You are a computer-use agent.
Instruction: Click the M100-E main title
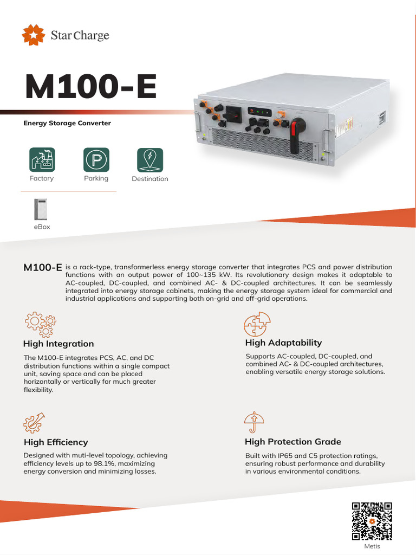[x=91, y=88]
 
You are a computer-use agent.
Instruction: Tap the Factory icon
[x=42, y=159]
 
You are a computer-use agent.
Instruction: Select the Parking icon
[x=96, y=159]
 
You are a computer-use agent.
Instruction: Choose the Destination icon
[x=150, y=159]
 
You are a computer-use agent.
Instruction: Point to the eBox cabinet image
[x=41, y=209]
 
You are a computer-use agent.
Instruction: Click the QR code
[x=372, y=521]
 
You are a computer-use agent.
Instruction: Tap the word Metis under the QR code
[x=372, y=546]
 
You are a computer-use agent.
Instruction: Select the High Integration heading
[x=58, y=344]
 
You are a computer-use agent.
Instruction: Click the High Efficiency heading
[x=55, y=442]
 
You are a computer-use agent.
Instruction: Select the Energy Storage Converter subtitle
[x=67, y=123]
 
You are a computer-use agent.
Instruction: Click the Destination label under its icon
[x=150, y=179]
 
